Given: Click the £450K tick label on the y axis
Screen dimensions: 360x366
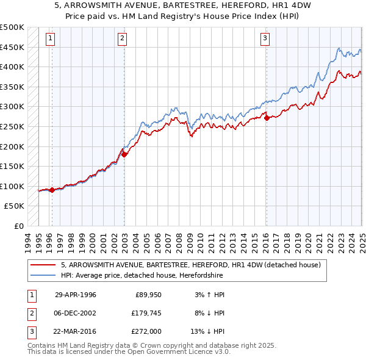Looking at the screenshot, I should tap(12, 47).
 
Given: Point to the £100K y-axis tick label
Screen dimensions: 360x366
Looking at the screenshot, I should tap(12, 186).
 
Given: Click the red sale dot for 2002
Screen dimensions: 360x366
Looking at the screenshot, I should tap(124, 154).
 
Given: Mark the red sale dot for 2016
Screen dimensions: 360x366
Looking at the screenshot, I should tap(267, 118).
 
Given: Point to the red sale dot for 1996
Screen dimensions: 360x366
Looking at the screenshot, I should tap(52, 190).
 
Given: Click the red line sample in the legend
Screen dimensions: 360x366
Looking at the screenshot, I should tap(43, 265).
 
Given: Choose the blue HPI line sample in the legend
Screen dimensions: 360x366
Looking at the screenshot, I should tap(43, 276).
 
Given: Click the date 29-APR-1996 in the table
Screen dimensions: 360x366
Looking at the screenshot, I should tap(76, 295).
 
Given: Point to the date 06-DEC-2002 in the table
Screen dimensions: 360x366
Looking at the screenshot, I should tap(76, 313).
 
